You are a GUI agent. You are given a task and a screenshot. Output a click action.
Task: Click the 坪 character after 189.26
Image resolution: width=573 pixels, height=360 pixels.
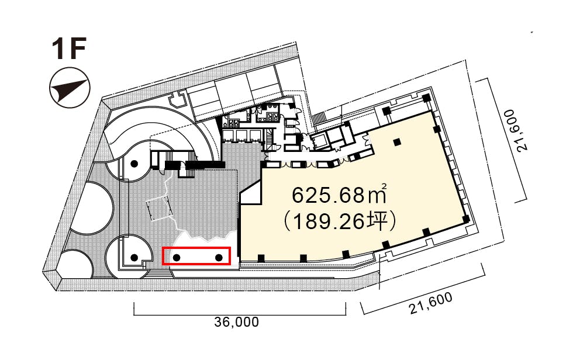click(x=382, y=222)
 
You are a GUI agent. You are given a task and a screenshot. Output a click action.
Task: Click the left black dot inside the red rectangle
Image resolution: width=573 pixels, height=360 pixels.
click(x=176, y=257)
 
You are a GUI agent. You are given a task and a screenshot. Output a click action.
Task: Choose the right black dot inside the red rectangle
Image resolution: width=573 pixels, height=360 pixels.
click(x=219, y=257)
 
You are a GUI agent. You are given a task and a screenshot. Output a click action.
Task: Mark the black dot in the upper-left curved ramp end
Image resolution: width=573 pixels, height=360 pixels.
click(x=134, y=164)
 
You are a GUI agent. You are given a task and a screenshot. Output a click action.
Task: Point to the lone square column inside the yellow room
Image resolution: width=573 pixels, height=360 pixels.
click(x=398, y=142)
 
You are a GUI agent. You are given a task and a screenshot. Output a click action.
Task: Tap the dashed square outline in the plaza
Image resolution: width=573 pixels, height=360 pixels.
click(x=158, y=208)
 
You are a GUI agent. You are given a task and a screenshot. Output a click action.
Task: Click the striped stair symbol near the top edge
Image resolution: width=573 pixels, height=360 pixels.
click(x=320, y=118)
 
